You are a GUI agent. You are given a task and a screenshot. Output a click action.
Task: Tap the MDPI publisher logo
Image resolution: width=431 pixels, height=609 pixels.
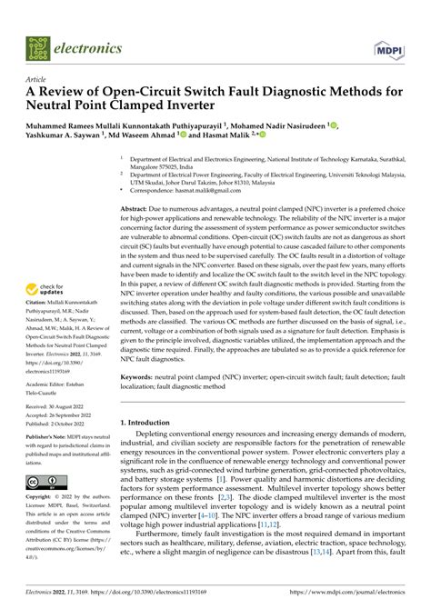tap(389, 44)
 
